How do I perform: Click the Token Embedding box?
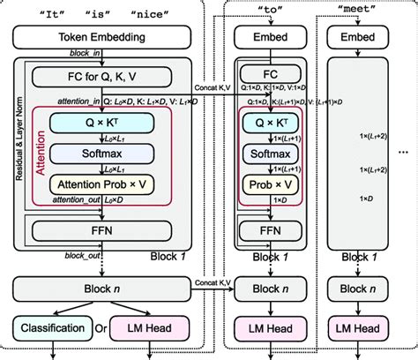point(108,38)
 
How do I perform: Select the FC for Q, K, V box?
point(116,79)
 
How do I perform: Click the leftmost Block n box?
point(108,289)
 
